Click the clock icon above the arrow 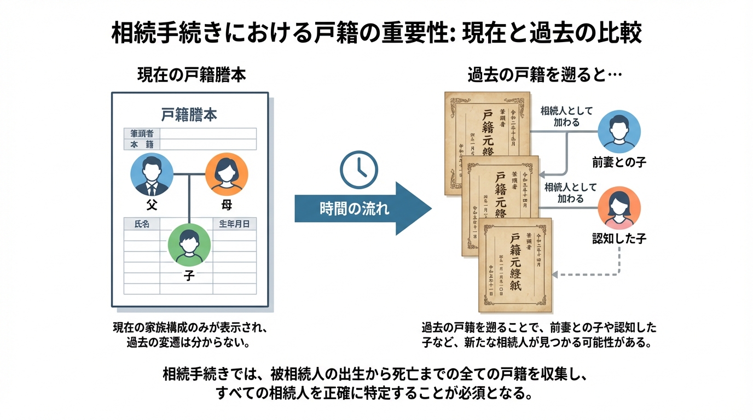tap(358, 170)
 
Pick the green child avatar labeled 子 tap(189, 244)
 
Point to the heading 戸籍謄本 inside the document tap(189, 115)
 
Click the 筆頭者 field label tap(142, 133)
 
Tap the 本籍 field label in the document tap(142, 144)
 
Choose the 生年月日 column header tap(234, 224)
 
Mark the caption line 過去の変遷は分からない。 tap(189, 343)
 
